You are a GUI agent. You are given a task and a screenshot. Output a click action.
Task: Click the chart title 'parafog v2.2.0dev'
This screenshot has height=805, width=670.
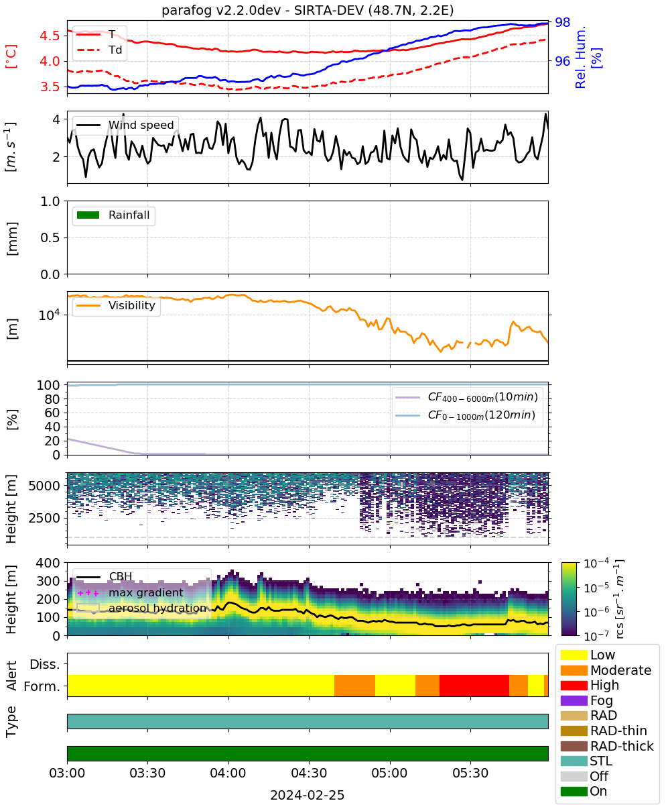tap(221, 11)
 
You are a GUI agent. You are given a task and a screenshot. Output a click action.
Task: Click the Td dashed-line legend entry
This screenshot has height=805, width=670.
tap(99, 50)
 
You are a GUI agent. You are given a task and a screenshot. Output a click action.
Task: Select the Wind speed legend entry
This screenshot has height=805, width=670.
tap(125, 125)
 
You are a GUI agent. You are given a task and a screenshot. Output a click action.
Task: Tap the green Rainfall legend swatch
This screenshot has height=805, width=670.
tap(88, 215)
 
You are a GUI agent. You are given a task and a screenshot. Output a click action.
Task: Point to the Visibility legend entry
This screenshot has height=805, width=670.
tap(116, 305)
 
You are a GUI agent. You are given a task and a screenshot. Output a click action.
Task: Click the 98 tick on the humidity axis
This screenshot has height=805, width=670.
tap(562, 22)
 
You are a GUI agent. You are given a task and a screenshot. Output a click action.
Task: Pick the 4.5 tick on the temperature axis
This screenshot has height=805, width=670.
tap(50, 36)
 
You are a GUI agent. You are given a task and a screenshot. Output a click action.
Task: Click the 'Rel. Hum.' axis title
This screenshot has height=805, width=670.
tap(580, 57)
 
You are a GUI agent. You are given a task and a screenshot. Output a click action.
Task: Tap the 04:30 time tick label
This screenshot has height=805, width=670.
tap(309, 773)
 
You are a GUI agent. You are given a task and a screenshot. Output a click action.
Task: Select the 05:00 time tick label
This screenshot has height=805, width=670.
tap(389, 773)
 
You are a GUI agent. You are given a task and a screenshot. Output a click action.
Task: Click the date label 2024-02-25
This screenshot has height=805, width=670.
tap(308, 795)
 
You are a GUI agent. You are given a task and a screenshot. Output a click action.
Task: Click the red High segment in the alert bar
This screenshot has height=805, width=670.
tap(474, 686)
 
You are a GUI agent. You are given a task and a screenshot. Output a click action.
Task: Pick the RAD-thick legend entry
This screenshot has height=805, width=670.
tap(607, 746)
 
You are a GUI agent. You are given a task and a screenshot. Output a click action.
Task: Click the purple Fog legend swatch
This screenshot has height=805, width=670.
tap(574, 700)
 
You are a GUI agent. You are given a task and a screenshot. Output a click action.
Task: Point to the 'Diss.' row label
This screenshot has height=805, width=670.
tap(45, 664)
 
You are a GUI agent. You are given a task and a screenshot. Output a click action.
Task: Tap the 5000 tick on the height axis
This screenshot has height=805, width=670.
tap(44, 486)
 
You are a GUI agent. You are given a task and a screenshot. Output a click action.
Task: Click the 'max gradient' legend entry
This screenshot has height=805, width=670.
tap(131, 592)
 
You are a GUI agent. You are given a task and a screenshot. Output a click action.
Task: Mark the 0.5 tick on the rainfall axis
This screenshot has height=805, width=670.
tap(50, 238)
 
